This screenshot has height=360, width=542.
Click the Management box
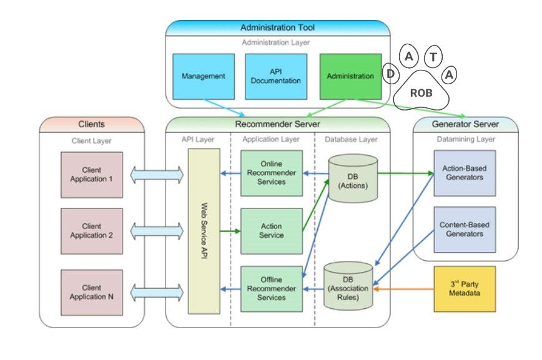(x=203, y=76)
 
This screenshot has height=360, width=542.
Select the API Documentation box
(x=275, y=76)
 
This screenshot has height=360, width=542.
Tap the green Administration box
(x=350, y=76)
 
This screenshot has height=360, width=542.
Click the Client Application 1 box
(x=92, y=174)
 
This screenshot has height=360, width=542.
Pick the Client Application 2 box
(x=92, y=231)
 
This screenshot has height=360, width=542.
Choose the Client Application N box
(x=92, y=292)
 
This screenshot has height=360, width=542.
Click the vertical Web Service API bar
(x=204, y=231)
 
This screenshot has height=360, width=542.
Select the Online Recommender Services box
(x=271, y=173)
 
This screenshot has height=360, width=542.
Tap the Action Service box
(x=271, y=230)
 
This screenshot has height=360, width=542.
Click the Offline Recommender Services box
(x=271, y=288)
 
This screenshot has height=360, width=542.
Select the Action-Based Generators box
(x=464, y=173)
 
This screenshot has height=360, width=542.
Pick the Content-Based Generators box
(x=464, y=229)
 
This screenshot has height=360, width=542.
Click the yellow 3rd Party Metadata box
(x=464, y=289)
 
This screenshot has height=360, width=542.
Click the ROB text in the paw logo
(x=421, y=92)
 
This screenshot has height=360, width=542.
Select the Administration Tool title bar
(x=277, y=27)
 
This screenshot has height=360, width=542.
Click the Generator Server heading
(x=465, y=124)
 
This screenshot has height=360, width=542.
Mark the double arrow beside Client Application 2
(x=155, y=231)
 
